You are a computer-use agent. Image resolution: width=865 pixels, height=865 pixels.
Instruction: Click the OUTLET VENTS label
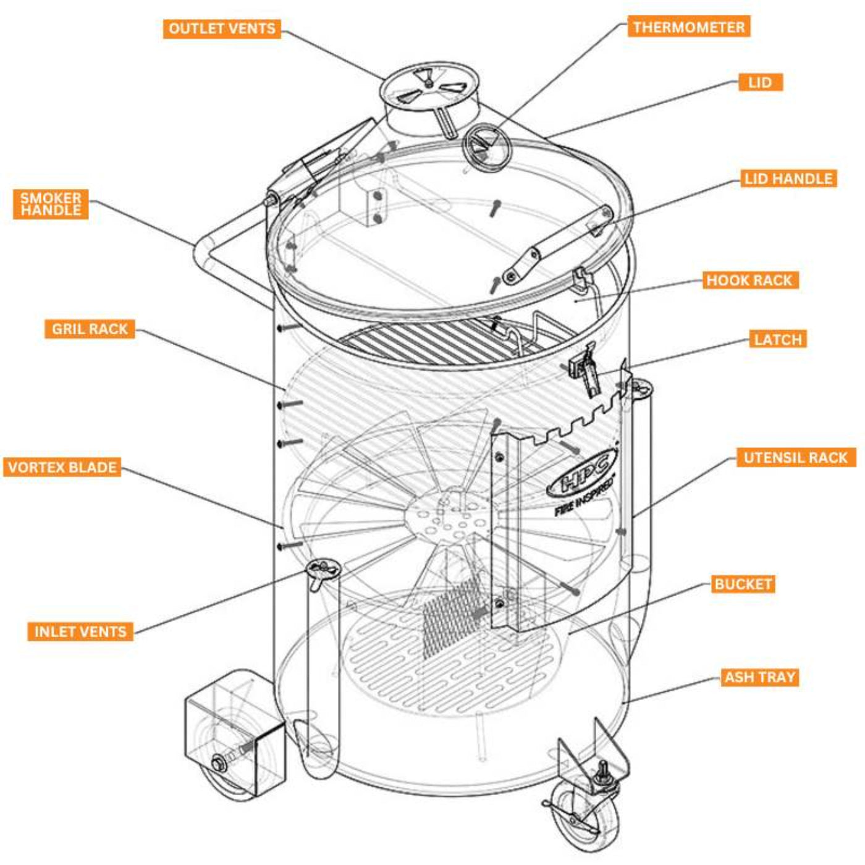(222, 28)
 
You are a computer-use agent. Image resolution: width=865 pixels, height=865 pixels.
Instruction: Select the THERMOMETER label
(688, 27)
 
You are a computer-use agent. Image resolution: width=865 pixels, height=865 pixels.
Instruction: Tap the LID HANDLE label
(788, 179)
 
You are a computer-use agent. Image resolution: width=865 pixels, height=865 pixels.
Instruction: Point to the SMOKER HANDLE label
(51, 204)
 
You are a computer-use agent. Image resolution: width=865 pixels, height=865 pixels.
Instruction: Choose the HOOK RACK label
(749, 280)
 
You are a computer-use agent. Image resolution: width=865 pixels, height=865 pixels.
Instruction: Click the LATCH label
(778, 339)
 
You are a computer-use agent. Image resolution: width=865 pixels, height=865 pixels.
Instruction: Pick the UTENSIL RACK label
(795, 457)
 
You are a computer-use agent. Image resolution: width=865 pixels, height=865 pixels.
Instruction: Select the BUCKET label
(743, 584)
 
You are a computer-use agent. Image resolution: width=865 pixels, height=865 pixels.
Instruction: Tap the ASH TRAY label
(759, 677)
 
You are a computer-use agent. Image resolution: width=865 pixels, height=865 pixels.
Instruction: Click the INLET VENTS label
(80, 631)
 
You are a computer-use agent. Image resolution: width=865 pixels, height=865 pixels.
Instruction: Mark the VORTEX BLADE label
(62, 466)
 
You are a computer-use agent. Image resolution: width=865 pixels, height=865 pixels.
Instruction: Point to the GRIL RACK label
(90, 329)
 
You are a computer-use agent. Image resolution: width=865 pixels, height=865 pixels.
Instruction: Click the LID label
(760, 82)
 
